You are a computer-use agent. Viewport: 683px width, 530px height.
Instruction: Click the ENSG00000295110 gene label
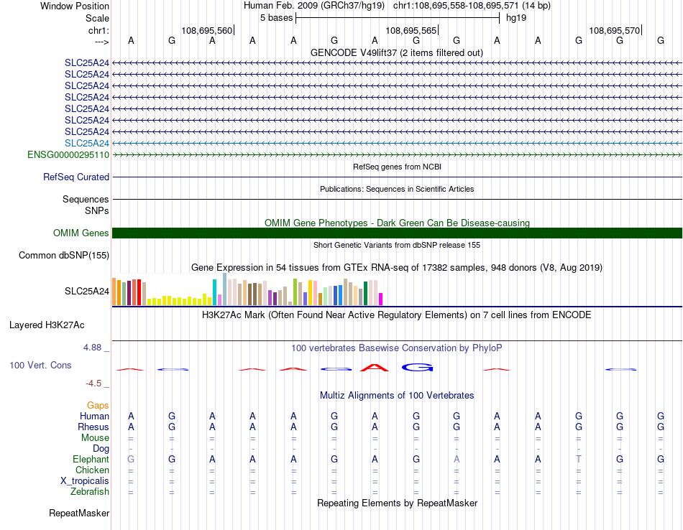(x=68, y=155)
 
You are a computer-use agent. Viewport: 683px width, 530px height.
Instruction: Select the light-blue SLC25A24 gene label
(x=87, y=143)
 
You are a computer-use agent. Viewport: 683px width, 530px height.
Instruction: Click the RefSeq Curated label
(x=76, y=177)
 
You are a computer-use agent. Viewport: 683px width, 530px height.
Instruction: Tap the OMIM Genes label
(x=81, y=233)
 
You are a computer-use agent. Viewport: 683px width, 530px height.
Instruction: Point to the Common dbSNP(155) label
(x=64, y=256)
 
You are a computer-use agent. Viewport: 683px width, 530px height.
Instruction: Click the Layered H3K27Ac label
(x=47, y=325)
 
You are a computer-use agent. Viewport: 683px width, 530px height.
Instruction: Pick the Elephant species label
(x=91, y=460)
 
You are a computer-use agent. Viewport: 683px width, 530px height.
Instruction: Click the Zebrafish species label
(x=90, y=492)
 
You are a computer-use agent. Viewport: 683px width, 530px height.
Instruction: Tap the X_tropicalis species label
(x=85, y=481)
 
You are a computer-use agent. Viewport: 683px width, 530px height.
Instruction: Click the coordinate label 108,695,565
(x=411, y=30)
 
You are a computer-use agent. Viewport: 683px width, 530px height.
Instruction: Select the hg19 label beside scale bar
(x=516, y=18)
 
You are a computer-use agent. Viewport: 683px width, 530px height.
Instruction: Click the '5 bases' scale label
(x=277, y=18)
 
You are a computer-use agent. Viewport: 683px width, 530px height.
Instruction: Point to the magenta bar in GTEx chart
(x=381, y=299)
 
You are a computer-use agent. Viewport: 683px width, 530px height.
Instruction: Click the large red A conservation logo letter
(x=375, y=368)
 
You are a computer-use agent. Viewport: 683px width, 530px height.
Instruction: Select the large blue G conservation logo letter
(x=417, y=368)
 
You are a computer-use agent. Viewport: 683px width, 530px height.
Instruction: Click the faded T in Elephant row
(x=579, y=459)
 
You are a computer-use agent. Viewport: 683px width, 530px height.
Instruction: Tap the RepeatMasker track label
(x=79, y=513)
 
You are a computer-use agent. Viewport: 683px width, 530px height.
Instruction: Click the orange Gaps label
(x=98, y=406)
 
